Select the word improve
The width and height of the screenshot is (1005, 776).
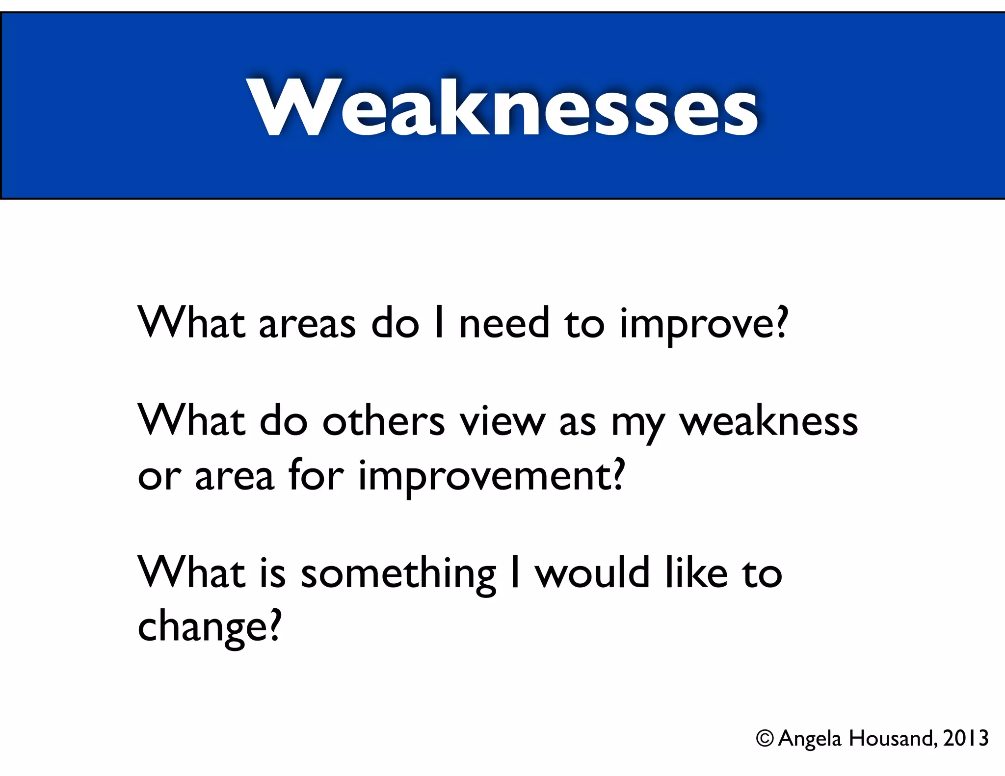(x=694, y=325)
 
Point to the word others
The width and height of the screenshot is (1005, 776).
(x=383, y=421)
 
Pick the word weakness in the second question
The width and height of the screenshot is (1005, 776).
(x=768, y=421)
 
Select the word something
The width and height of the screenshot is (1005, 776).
(x=398, y=574)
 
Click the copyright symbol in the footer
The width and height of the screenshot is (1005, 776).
(x=765, y=738)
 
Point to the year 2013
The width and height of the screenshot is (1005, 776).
(x=965, y=738)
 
